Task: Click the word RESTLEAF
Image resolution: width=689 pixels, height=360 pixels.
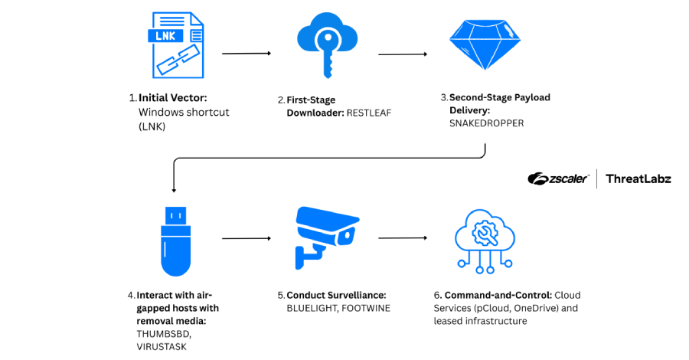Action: click(373, 112)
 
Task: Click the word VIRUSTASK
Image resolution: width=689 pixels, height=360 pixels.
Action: click(161, 346)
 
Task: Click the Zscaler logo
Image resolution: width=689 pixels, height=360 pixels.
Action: click(558, 178)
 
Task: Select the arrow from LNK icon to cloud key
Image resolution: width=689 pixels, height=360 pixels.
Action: click(246, 54)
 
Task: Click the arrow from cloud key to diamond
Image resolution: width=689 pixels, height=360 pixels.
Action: click(403, 54)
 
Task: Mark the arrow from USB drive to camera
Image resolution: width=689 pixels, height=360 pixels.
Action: click(246, 238)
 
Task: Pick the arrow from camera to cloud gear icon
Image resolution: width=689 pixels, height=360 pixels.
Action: click(403, 238)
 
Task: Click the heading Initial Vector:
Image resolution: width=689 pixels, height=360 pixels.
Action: click(173, 98)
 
